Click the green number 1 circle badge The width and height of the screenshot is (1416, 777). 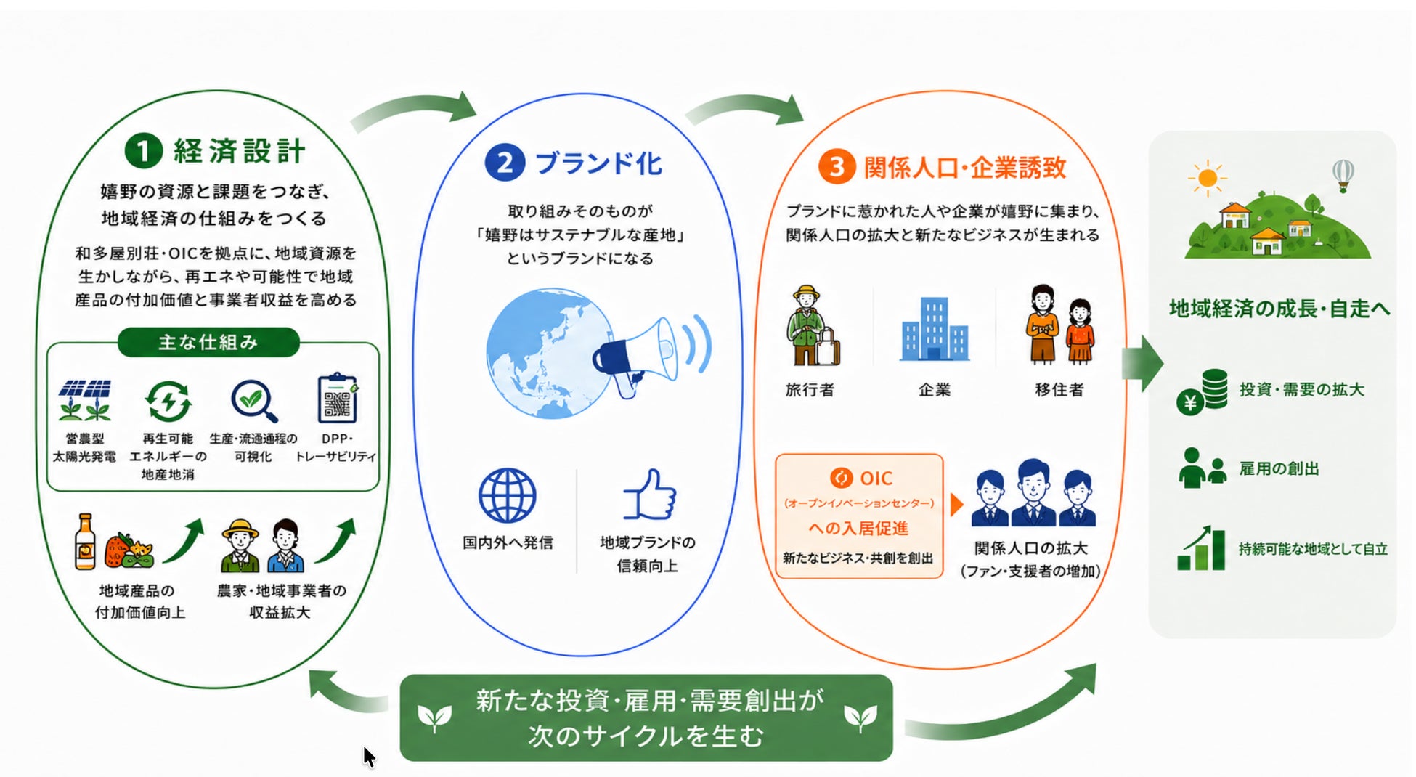pyautogui.click(x=144, y=150)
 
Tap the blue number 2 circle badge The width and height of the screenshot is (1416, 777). pyautogui.click(x=505, y=162)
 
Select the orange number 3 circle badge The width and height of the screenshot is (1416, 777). pyautogui.click(x=837, y=166)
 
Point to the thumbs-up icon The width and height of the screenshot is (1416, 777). pyautogui.click(x=649, y=495)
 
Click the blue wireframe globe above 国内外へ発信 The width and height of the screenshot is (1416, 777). pyautogui.click(x=508, y=495)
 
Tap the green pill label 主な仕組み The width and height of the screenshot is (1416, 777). pyautogui.click(x=208, y=342)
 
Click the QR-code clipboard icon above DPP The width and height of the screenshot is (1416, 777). pyautogui.click(x=338, y=398)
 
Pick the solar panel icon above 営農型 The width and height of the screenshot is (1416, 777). pyautogui.click(x=85, y=400)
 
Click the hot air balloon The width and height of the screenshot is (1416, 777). pyautogui.click(x=1343, y=175)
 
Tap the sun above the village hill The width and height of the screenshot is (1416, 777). pyautogui.click(x=1208, y=178)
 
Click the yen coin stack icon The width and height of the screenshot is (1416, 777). pyautogui.click(x=1203, y=391)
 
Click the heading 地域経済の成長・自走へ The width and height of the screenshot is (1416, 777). pyautogui.click(x=1279, y=309)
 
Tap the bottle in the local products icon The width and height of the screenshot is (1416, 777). pyautogui.click(x=86, y=542)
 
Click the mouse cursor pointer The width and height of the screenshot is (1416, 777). pyautogui.click(x=369, y=757)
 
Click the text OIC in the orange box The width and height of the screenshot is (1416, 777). pyautogui.click(x=876, y=478)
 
